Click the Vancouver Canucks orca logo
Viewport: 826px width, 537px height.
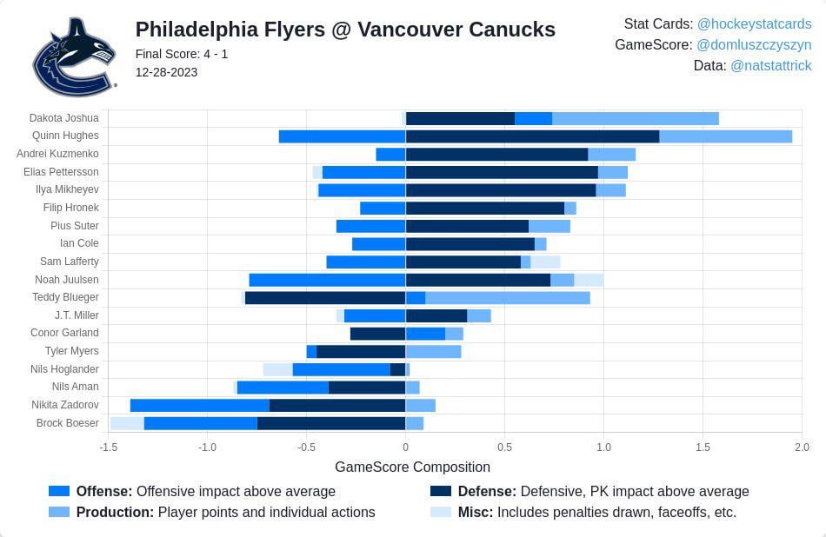point(74,57)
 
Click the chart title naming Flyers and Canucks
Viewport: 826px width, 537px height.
point(345,30)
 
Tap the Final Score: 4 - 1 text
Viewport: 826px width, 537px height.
point(182,54)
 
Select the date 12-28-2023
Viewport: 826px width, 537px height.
point(166,72)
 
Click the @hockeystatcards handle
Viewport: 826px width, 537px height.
point(754,23)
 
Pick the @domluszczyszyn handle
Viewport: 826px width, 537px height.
point(754,44)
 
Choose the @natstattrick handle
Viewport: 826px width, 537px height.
point(771,65)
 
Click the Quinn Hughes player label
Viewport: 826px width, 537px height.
point(65,136)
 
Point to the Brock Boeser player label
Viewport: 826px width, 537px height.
point(68,423)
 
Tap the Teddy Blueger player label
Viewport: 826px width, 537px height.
point(65,297)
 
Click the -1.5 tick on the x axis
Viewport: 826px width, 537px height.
point(108,447)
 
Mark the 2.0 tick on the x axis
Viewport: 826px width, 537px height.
point(802,447)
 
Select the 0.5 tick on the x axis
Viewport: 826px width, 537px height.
point(504,447)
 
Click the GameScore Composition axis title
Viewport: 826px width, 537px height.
point(412,467)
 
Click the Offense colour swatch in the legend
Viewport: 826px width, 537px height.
point(59,492)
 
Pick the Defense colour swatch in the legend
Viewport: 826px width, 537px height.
point(441,492)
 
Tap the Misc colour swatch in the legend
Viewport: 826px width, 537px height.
point(441,513)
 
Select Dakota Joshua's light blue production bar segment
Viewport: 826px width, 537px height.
point(635,118)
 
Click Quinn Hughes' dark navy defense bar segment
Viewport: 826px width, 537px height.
point(532,136)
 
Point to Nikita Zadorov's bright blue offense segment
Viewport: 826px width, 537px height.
point(199,405)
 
